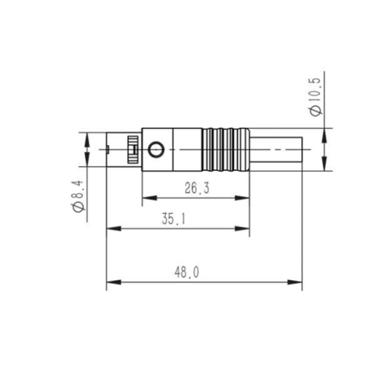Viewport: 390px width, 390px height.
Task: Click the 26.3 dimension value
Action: (x=197, y=188)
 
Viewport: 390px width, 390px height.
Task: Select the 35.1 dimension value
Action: (x=174, y=218)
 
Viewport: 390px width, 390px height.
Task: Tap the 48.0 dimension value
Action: (x=186, y=272)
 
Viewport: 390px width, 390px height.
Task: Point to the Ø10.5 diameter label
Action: (x=316, y=97)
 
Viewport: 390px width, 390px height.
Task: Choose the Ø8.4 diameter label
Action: (x=78, y=196)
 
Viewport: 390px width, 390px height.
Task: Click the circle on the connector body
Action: (x=156, y=150)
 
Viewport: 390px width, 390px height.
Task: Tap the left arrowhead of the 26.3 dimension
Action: (x=150, y=198)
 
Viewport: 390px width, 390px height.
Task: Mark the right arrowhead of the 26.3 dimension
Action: (x=243, y=198)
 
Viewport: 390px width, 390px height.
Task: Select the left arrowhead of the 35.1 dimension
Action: (x=114, y=229)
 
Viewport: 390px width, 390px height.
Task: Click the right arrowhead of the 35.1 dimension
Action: (x=243, y=229)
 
